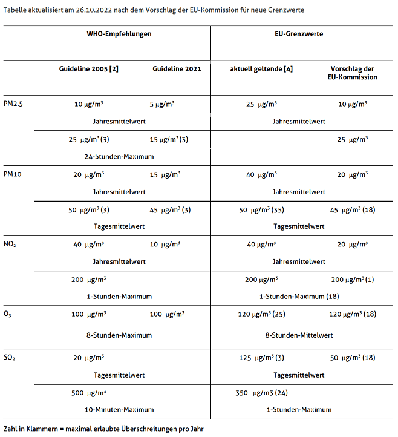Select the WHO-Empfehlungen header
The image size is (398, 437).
(119, 34)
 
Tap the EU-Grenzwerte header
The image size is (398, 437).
(303, 34)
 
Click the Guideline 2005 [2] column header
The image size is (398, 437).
(88, 69)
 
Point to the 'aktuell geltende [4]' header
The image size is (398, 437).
(261, 69)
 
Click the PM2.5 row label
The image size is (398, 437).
(13, 104)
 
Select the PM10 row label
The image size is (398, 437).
(13, 174)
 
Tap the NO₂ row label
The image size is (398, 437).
(10, 245)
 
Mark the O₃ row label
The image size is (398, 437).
(8, 315)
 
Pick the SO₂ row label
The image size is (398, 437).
(10, 358)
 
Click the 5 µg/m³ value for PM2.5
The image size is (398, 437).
(162, 104)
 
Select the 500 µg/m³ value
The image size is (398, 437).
(88, 393)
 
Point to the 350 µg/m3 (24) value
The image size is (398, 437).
(261, 393)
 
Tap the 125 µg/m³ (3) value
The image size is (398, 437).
(261, 358)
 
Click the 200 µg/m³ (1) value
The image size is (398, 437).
(353, 280)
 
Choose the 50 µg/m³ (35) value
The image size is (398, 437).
(261, 209)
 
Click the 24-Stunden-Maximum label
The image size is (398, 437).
(119, 156)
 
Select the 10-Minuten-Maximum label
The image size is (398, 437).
(119, 410)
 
